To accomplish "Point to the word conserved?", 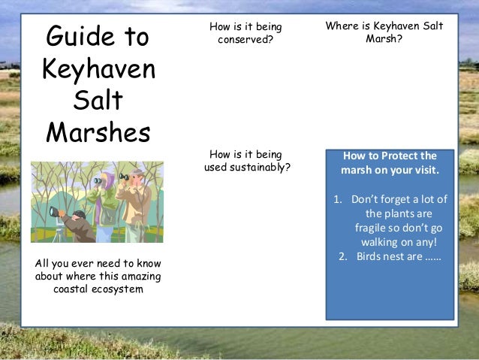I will (246, 39).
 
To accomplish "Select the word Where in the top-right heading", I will (342, 26).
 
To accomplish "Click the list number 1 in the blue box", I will (337, 199).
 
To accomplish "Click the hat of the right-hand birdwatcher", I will (137, 173).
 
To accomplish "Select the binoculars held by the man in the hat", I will (125, 177).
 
